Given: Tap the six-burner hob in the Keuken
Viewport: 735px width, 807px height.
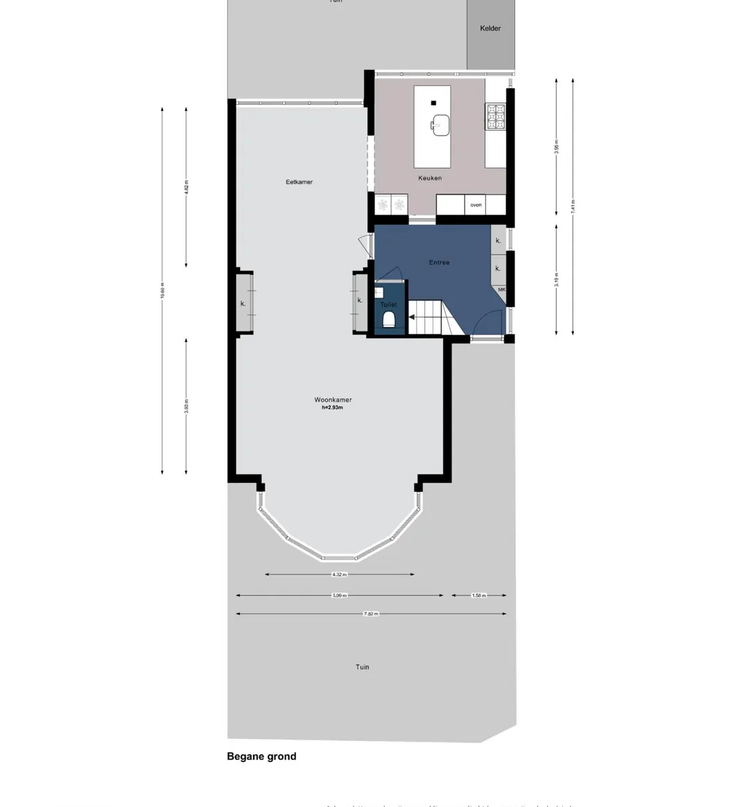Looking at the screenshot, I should click(x=495, y=117).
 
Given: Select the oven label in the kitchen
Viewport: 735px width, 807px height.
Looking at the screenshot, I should click(x=476, y=205).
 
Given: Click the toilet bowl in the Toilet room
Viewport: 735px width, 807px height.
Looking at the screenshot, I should click(x=388, y=318).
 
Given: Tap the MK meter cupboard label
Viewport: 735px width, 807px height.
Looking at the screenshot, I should click(x=501, y=289).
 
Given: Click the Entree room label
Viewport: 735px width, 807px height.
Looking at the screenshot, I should click(x=439, y=262).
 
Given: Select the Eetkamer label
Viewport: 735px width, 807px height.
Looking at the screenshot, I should click(x=299, y=182).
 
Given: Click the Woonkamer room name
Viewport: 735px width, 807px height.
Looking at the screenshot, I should click(x=333, y=400).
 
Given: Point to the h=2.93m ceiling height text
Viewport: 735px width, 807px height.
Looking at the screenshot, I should click(x=332, y=408).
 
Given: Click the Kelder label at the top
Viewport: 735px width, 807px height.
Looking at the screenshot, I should click(x=490, y=28).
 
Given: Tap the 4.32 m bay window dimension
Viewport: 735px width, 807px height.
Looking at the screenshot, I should click(x=339, y=575).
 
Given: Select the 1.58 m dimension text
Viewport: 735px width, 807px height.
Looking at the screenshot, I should click(x=478, y=595).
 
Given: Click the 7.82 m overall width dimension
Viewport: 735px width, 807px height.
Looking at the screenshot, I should click(x=371, y=614).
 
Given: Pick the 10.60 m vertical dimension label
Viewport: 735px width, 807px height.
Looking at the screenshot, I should click(x=162, y=290).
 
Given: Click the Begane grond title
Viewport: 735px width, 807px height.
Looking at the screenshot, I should click(x=261, y=756).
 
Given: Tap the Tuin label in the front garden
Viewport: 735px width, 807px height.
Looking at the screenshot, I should click(x=363, y=667).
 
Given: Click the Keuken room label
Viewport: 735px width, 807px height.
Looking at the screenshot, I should click(x=429, y=178).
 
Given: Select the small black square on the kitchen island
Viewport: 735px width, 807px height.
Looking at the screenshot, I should click(x=433, y=103).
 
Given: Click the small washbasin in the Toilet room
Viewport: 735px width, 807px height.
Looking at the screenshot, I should click(x=379, y=292).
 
